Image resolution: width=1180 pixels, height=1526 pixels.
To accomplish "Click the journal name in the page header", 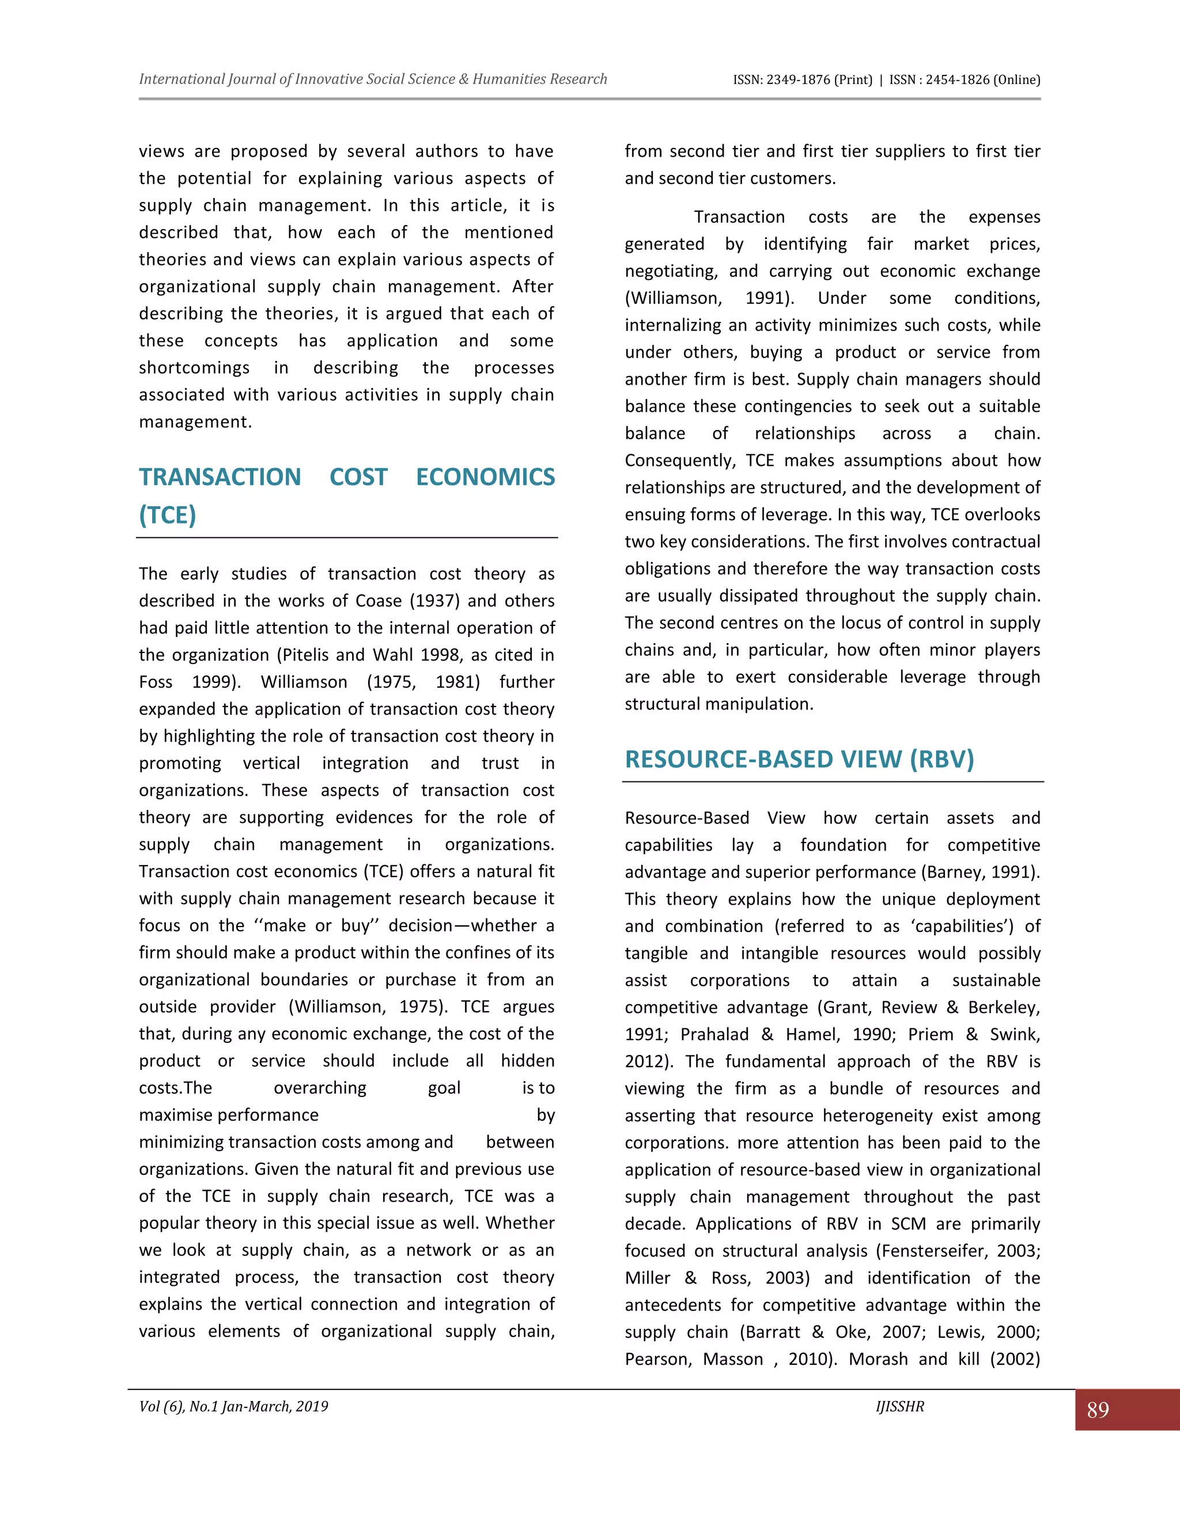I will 373,79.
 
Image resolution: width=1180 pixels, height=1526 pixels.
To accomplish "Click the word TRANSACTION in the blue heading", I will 220,477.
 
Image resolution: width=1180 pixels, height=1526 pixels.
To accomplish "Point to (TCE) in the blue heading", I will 167,515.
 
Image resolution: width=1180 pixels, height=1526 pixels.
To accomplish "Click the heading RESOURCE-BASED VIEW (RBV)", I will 799,760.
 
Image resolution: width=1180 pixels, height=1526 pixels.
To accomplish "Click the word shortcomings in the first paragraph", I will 194,368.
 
